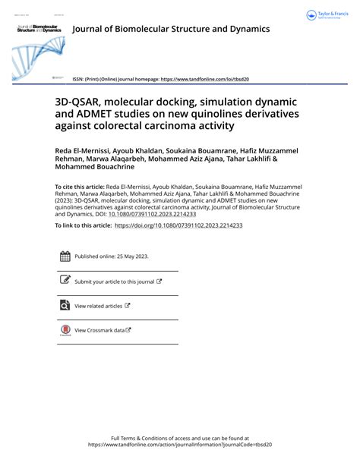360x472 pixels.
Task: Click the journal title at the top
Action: [171, 30]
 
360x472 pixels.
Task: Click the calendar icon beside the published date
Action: [65, 256]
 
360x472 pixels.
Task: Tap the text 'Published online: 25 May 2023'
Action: [111, 257]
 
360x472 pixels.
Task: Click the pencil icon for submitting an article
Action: [65, 281]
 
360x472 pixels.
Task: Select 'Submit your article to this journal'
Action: [114, 282]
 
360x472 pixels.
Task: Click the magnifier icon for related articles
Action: [65, 306]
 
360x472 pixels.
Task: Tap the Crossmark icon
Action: [65, 330]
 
